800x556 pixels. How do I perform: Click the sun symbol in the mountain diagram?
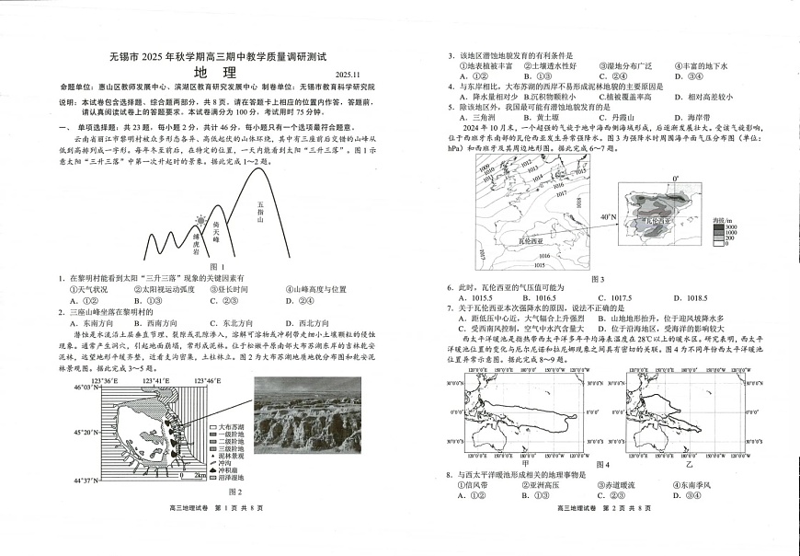(200, 222)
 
